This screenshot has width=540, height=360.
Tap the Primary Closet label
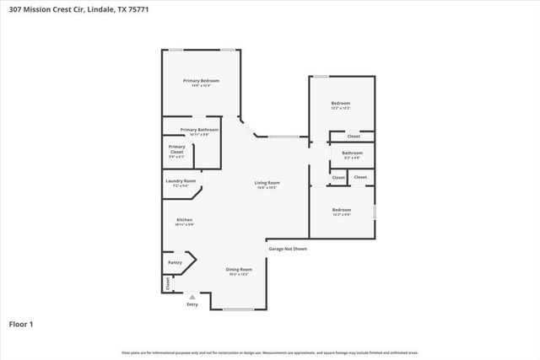point(176,151)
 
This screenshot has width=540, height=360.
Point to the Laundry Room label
point(180,183)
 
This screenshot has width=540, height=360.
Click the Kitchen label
point(184,221)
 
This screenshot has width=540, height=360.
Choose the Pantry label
point(175,262)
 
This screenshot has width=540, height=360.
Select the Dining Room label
point(239,271)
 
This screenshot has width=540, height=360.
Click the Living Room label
point(267,184)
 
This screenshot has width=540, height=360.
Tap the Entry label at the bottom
point(192,304)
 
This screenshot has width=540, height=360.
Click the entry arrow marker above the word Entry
point(193,297)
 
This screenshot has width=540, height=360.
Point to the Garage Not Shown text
point(288,249)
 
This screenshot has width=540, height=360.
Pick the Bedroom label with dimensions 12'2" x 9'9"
point(342,212)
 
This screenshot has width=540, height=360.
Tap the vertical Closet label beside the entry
point(168,284)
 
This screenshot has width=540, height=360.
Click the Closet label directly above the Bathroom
point(354,136)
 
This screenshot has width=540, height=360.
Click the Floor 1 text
point(20,324)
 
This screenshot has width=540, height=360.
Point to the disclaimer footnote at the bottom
point(269,352)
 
